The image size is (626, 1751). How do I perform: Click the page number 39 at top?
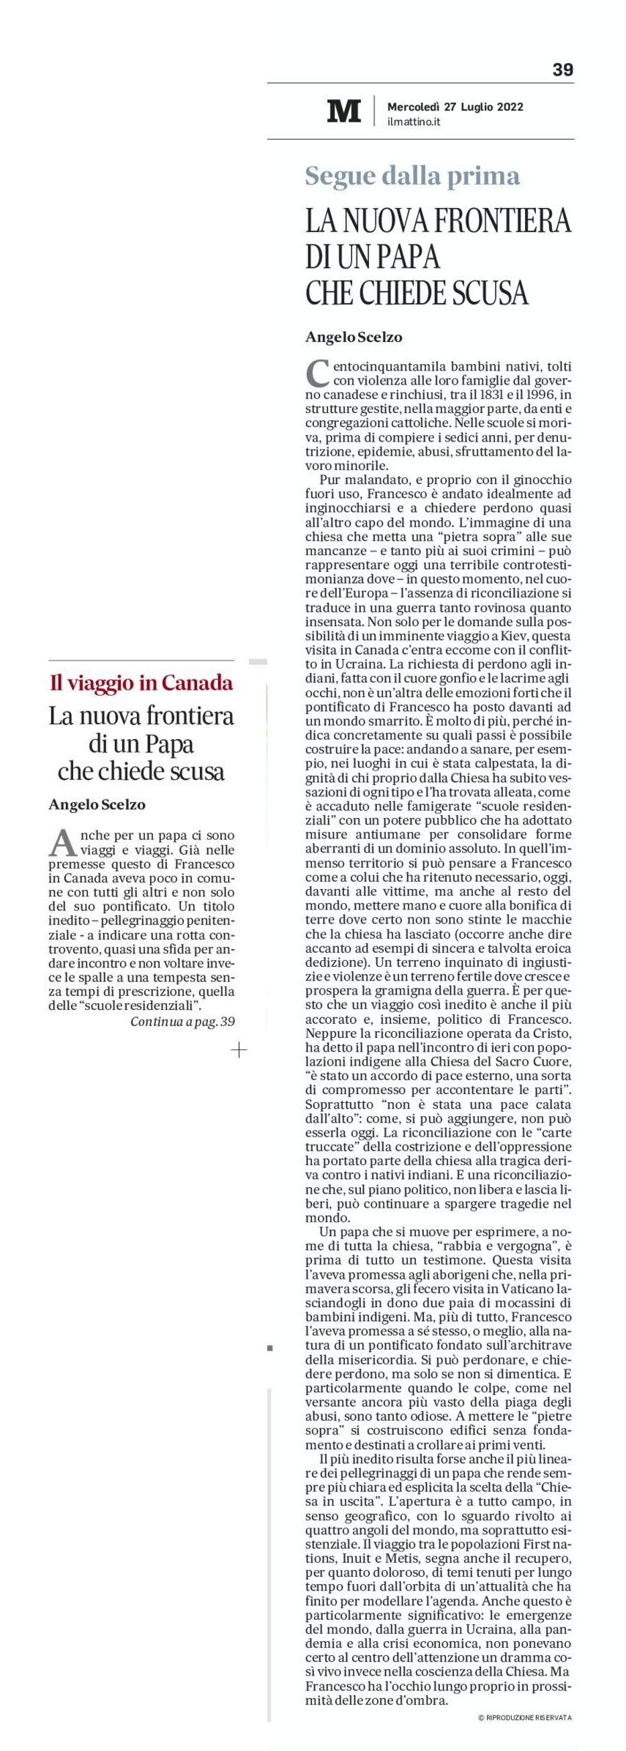coord(562,70)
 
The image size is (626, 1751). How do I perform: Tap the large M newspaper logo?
coord(343,111)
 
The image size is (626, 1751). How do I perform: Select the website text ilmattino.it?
coord(414,122)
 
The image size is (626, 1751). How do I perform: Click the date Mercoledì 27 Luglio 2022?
coord(455,106)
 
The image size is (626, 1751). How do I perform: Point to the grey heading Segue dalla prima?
coord(412,176)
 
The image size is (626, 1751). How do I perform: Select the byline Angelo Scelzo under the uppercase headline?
coord(354,337)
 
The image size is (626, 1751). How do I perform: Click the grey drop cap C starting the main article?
coord(317,373)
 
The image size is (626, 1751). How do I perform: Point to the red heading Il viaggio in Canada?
coord(141,683)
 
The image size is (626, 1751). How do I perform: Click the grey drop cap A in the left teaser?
coord(62,842)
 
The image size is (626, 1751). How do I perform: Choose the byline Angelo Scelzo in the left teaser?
coord(97,804)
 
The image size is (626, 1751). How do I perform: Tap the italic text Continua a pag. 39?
coord(182,1021)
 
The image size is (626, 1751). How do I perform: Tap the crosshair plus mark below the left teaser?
coord(239,1050)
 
